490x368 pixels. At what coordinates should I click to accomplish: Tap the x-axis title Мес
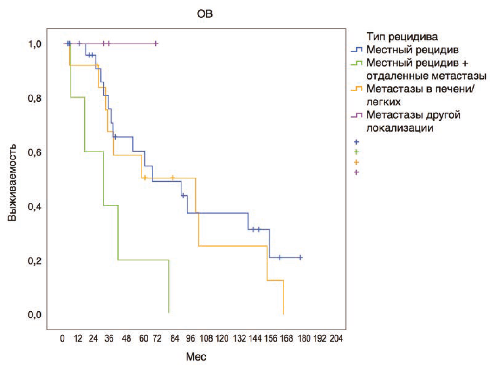(196, 357)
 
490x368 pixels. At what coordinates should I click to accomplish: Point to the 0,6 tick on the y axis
(35, 152)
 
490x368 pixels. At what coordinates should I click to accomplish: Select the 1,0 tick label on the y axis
(35, 44)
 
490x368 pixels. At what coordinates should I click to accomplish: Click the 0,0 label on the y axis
(35, 315)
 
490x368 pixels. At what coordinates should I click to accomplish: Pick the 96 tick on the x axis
(190, 338)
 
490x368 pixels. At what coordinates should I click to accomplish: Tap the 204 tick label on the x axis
(335, 338)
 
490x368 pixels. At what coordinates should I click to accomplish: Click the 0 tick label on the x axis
(63, 338)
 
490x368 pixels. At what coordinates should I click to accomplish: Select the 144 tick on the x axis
(254, 338)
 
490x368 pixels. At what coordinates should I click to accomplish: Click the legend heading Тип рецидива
(403, 36)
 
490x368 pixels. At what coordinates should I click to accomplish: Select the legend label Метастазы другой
(413, 114)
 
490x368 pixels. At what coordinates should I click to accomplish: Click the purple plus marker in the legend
(356, 172)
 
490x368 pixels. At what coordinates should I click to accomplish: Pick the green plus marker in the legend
(356, 152)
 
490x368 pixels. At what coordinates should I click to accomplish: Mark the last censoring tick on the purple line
(156, 44)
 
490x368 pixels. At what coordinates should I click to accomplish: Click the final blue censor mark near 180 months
(300, 257)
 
